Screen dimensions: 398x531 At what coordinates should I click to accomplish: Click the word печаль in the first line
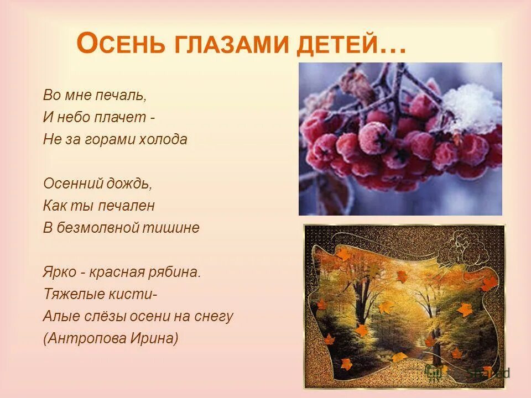point(125,95)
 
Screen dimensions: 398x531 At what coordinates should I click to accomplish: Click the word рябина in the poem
point(175,273)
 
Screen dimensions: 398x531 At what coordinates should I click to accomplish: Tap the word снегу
point(214,317)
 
